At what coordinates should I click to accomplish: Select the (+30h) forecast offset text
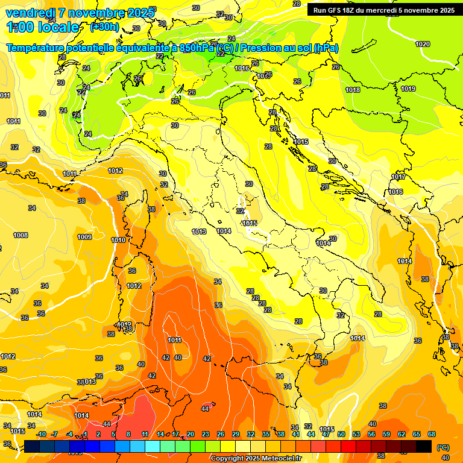point(104,27)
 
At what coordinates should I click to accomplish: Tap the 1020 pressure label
point(423,44)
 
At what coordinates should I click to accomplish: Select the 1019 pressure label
point(408,89)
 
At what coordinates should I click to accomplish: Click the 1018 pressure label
point(353,90)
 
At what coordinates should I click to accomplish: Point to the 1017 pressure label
point(398,177)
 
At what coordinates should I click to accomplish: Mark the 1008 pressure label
point(20,235)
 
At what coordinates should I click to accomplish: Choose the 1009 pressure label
point(84,237)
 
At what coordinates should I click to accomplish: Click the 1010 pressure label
point(118,241)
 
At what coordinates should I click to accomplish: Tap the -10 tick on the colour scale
point(41,434)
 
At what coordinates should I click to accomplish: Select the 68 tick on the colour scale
point(432,434)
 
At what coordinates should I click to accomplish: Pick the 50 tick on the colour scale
point(341,434)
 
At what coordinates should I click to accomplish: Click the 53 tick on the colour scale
point(356,434)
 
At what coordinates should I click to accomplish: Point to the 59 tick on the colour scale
point(386,434)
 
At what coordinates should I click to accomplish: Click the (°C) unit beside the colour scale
point(443,447)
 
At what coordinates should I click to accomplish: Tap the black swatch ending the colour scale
point(424,447)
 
